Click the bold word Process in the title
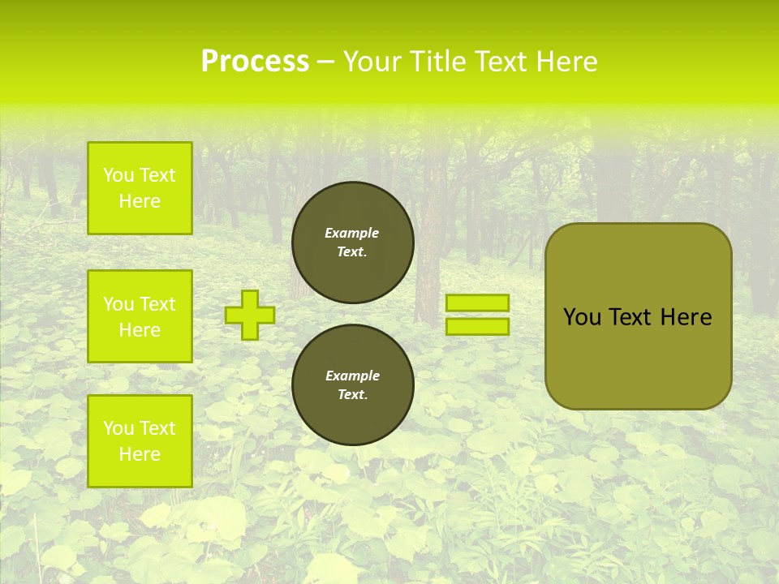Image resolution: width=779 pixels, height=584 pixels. (255, 62)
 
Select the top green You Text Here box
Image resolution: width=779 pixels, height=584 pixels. (140, 188)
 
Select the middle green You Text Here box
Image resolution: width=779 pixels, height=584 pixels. (140, 316)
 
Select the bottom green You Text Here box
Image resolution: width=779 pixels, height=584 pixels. (140, 440)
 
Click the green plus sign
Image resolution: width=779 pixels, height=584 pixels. (250, 315)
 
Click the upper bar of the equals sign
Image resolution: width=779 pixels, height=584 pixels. (477, 303)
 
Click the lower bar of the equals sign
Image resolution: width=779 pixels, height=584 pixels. (477, 327)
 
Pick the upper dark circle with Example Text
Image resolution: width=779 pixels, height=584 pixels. (352, 243)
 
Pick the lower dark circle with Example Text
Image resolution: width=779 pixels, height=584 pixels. (352, 385)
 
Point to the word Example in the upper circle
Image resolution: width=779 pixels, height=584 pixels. (352, 233)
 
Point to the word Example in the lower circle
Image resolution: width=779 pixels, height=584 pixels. (352, 376)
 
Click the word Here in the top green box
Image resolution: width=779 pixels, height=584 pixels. (140, 201)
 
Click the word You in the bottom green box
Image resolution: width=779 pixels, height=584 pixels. (118, 428)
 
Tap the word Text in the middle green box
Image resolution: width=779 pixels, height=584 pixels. (157, 304)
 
